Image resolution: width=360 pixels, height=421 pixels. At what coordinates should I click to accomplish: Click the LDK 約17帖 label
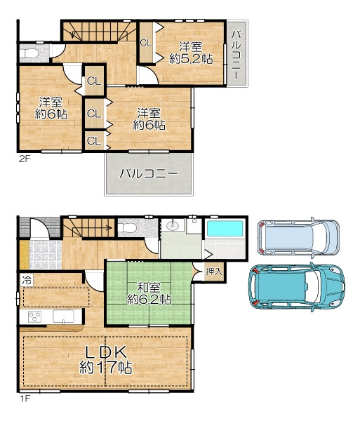(106, 360)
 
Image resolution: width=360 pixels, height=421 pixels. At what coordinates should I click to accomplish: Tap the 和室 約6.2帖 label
(149, 293)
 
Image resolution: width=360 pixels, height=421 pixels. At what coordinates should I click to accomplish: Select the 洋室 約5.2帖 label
(191, 53)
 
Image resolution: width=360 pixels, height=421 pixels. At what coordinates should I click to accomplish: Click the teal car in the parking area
(297, 287)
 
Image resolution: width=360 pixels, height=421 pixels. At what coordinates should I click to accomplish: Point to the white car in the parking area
(298, 236)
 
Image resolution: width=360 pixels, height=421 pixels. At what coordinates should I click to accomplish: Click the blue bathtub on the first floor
(225, 229)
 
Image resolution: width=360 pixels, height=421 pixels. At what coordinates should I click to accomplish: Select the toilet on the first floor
(127, 228)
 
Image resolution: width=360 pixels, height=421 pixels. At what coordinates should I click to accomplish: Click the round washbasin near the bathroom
(172, 225)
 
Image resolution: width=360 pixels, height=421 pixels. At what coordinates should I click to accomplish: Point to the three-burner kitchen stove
(34, 317)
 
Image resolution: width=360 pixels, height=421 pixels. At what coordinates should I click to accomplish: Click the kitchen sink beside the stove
(63, 316)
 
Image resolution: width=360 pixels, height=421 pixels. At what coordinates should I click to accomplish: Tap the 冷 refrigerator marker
(27, 280)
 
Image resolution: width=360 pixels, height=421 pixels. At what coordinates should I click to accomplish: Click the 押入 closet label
(214, 272)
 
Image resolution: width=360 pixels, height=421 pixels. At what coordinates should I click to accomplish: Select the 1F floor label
(25, 399)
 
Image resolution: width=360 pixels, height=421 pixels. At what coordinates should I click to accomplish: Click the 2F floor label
(25, 159)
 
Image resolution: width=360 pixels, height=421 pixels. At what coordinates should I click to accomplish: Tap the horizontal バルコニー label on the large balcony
(149, 174)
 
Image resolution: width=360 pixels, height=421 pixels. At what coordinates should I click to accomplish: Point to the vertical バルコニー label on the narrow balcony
(236, 55)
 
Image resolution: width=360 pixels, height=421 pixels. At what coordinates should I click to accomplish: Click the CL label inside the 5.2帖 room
(146, 43)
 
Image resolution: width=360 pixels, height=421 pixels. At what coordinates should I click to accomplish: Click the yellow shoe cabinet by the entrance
(24, 255)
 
